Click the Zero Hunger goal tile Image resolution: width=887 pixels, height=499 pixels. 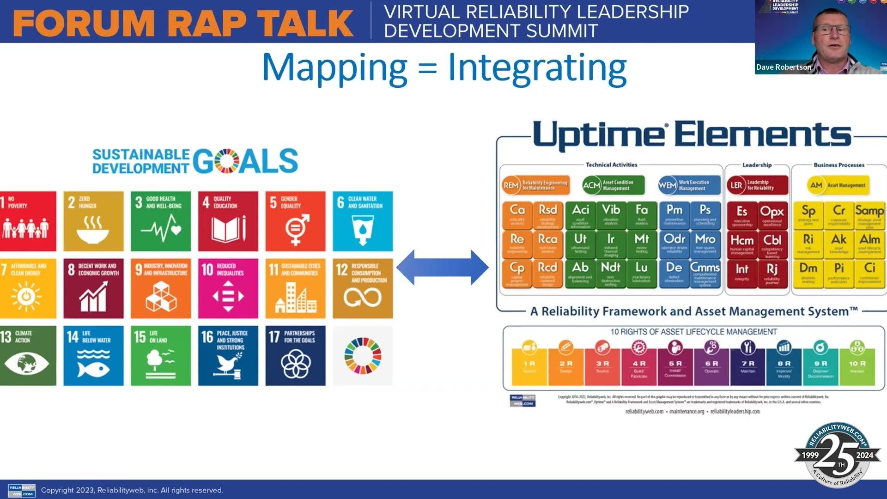(x=93, y=221)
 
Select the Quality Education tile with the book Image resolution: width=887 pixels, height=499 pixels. (x=228, y=221)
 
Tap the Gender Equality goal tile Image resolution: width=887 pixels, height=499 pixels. (x=295, y=221)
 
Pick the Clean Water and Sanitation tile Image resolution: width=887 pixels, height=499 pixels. (x=363, y=221)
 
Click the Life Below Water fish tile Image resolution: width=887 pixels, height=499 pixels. (x=93, y=355)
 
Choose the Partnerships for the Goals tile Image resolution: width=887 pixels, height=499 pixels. (x=295, y=355)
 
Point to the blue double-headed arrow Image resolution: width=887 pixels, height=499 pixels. (x=442, y=268)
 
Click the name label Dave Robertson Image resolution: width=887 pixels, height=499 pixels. (x=784, y=67)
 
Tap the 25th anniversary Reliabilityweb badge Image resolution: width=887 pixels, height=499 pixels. (x=837, y=455)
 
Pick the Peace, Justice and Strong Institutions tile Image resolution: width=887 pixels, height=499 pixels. (x=228, y=355)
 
